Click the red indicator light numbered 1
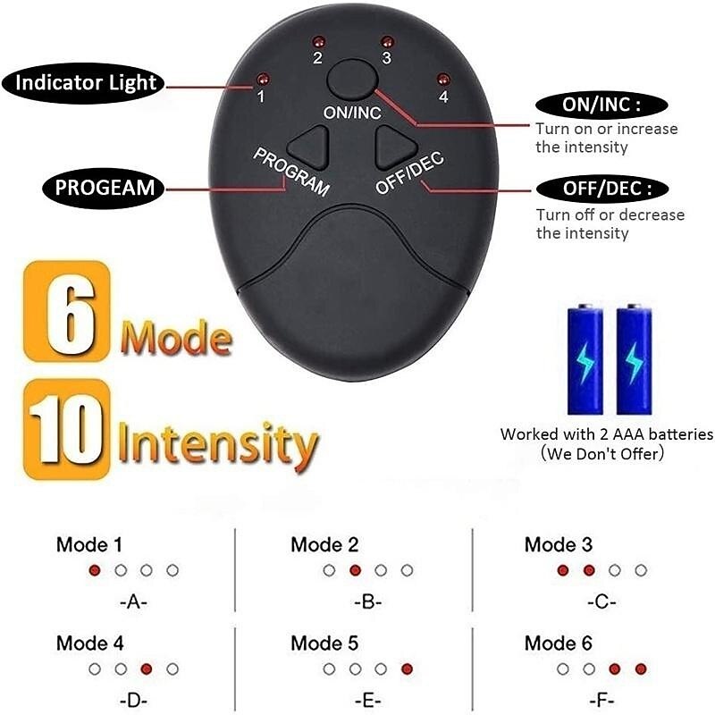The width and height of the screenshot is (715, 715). click(262, 80)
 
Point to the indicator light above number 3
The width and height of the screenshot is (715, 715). click(387, 42)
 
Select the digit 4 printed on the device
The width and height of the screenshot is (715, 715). click(443, 97)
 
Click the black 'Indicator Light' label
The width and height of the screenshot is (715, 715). click(82, 83)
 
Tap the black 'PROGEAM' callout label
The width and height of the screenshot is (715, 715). click(104, 188)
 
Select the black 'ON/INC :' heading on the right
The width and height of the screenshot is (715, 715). click(601, 105)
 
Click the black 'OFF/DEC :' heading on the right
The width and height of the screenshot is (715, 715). click(601, 189)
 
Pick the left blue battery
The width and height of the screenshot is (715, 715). click(585, 359)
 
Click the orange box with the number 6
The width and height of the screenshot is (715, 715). click(66, 311)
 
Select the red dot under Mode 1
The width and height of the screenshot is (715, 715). click(95, 570)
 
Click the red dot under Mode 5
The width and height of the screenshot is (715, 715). click(407, 669)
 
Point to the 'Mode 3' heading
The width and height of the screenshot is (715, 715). click(558, 544)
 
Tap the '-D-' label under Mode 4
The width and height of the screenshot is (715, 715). click(133, 701)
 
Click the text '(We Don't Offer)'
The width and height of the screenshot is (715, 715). click(601, 454)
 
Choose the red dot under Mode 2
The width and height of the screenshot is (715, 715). click(355, 570)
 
